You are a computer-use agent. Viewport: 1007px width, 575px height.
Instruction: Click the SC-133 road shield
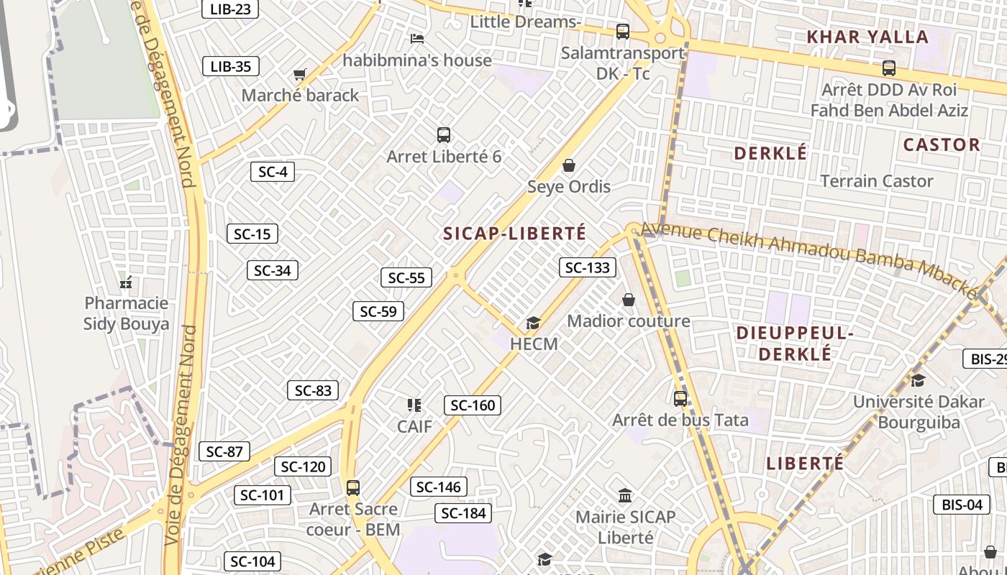pos(588,268)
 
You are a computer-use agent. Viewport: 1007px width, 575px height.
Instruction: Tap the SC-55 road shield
pos(406,278)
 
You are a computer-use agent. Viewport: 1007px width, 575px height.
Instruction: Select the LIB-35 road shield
pos(230,67)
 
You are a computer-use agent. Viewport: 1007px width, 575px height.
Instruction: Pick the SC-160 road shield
pos(473,405)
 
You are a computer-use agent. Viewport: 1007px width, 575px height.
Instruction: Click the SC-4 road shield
pos(273,172)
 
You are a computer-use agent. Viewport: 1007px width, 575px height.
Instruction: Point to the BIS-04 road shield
pos(962,505)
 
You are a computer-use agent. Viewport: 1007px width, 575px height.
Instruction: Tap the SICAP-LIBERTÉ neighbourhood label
pos(515,234)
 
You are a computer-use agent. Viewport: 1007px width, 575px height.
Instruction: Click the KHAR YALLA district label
pos(867,37)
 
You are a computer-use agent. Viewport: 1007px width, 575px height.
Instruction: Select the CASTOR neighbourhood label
pos(942,145)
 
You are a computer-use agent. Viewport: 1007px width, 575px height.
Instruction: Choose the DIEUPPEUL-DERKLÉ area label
pos(795,344)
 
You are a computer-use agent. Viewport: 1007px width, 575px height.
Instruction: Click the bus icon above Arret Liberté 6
pos(444,134)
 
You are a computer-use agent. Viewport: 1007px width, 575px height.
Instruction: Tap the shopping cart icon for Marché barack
pos(300,74)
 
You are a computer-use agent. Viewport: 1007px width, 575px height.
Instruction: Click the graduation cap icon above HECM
pos(533,323)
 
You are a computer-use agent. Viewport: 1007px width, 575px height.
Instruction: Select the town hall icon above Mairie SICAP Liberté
pos(625,495)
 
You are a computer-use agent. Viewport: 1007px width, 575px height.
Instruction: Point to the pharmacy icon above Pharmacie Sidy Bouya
pos(126,282)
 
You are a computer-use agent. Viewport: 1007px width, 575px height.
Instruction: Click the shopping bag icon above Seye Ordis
pos(569,166)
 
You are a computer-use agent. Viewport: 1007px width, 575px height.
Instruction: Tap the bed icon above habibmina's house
pos(417,38)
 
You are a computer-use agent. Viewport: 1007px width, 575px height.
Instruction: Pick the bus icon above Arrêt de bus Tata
pos(680,398)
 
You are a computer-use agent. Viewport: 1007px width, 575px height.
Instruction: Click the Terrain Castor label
pos(877,181)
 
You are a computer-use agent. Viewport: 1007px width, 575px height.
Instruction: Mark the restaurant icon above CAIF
pos(414,405)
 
